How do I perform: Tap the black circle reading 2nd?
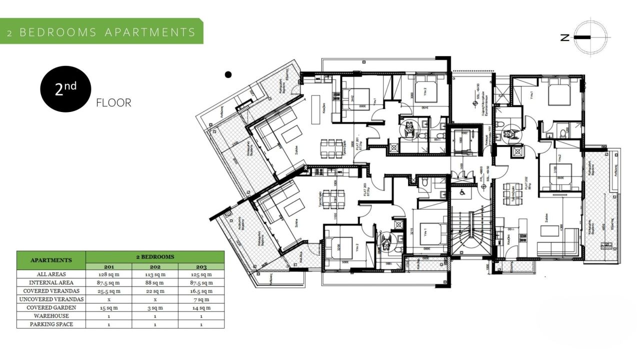tap(65, 88)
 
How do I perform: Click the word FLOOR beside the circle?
tap(113, 103)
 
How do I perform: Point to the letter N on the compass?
tap(564, 37)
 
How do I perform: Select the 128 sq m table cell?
tap(109, 274)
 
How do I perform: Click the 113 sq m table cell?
tap(155, 274)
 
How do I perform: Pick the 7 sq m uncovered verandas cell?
tap(201, 299)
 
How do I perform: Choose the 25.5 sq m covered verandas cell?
tap(109, 291)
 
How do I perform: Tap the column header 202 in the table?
tap(155, 266)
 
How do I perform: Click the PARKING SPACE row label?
tap(51, 324)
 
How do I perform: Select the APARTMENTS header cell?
tap(51, 260)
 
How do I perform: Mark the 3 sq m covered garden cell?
tap(155, 307)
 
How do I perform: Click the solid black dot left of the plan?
tap(228, 75)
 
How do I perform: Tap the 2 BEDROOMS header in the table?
tap(155, 256)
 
